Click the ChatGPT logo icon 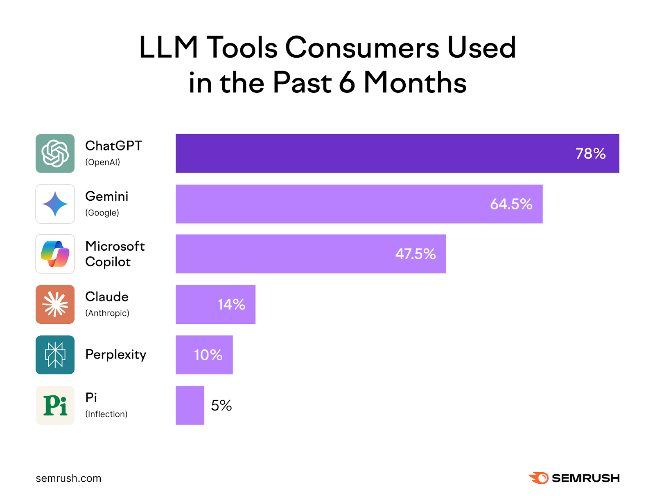click(x=55, y=153)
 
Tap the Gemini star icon click(x=55, y=204)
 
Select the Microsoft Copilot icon click(x=55, y=254)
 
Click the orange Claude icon click(x=55, y=304)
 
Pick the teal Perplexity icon click(x=55, y=355)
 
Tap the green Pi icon click(x=55, y=405)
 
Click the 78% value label click(x=590, y=154)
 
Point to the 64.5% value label click(x=511, y=204)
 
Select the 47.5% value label click(x=415, y=254)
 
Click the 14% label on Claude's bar click(x=231, y=305)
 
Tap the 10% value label click(x=208, y=355)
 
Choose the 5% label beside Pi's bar click(x=221, y=406)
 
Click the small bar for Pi click(x=190, y=405)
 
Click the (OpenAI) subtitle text click(x=102, y=162)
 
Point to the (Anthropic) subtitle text click(x=107, y=313)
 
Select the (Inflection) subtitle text click(x=106, y=414)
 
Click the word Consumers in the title click(x=362, y=48)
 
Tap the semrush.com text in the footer click(x=68, y=478)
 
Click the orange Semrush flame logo click(x=539, y=478)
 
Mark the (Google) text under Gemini click(x=102, y=213)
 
